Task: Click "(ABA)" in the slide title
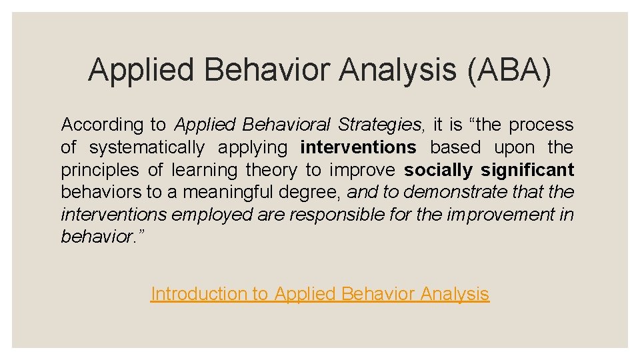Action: (509, 70)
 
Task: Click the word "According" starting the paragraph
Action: (102, 125)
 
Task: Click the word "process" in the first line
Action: (541, 125)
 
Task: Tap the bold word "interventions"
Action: (358, 147)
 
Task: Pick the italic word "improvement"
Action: (499, 215)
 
